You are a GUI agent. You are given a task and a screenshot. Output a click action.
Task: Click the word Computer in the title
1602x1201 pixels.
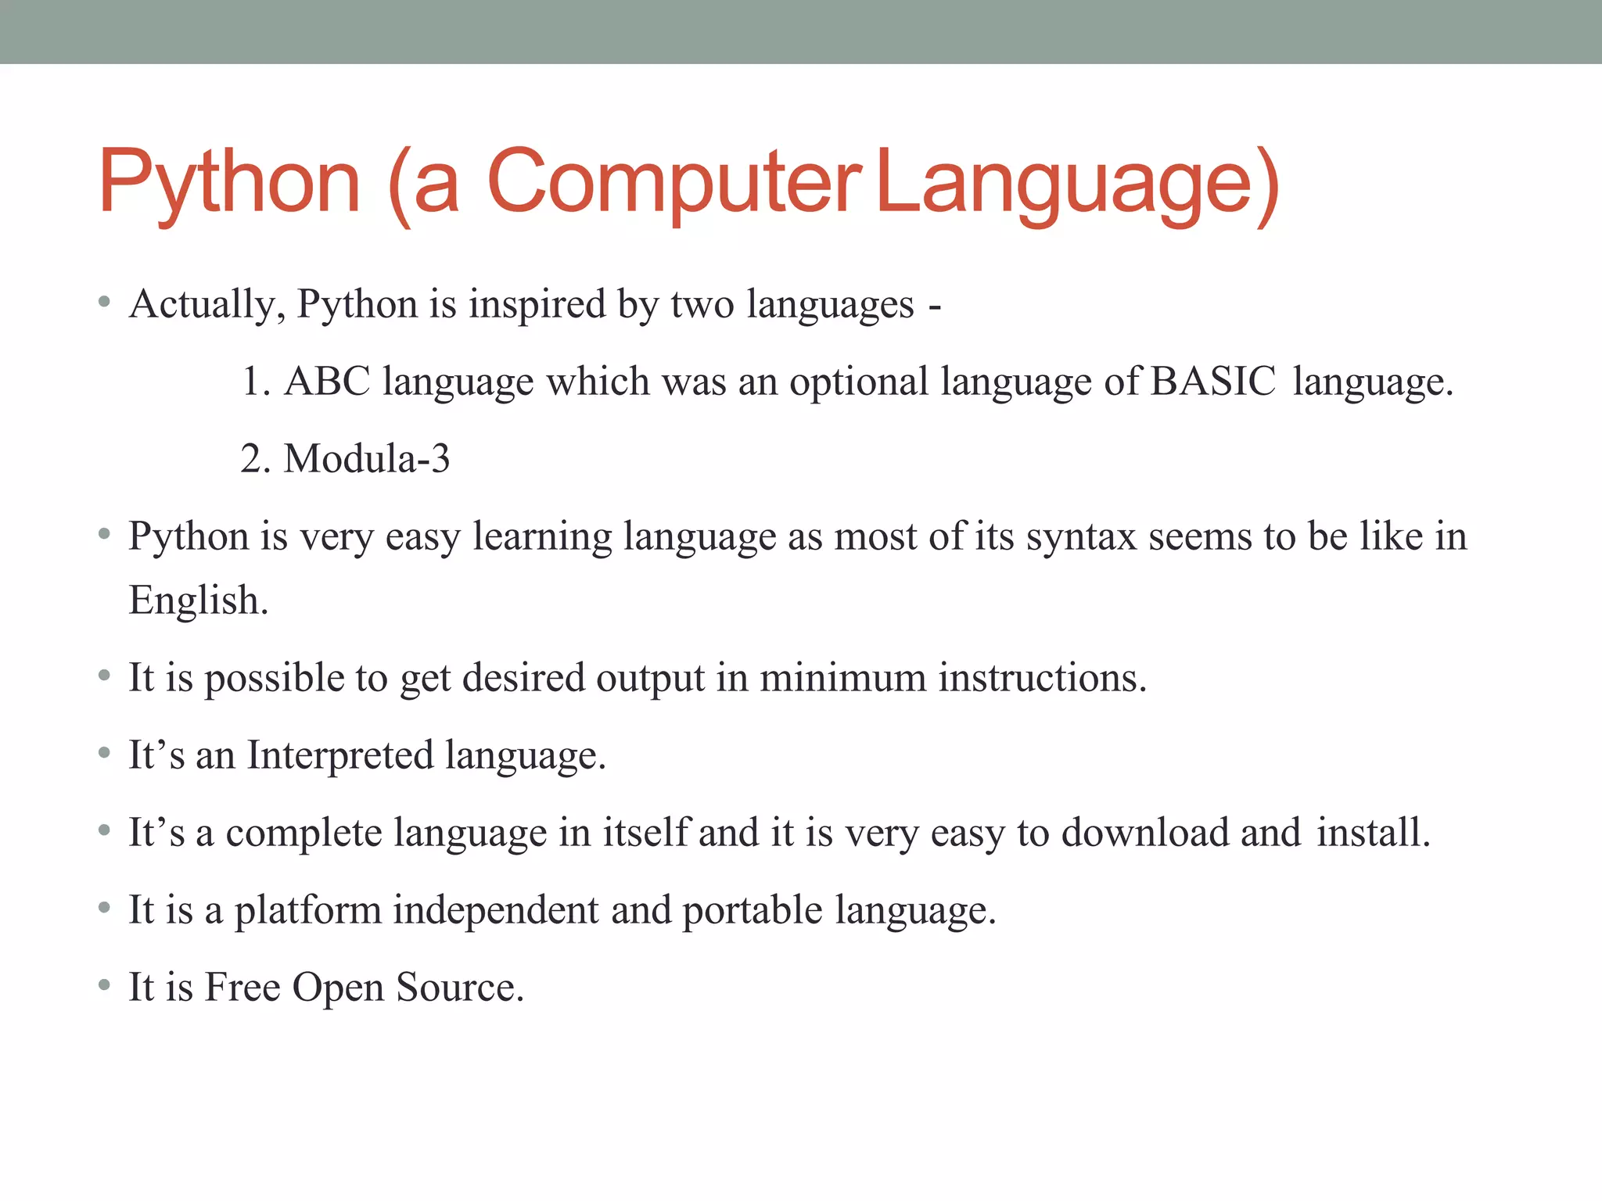pos(674,181)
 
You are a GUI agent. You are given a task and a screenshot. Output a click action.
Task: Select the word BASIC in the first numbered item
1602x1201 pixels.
pos(1213,382)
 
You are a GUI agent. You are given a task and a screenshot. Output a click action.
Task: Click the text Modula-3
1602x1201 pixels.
pos(366,458)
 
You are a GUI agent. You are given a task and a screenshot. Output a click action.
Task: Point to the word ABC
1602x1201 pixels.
pos(327,382)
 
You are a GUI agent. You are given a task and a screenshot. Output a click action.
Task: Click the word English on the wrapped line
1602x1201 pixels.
pos(198,600)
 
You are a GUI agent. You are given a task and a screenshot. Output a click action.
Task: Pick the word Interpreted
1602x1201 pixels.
pos(340,755)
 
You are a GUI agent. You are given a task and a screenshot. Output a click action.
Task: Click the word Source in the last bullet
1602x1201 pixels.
pos(459,987)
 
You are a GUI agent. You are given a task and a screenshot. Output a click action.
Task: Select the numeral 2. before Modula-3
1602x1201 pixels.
pos(255,458)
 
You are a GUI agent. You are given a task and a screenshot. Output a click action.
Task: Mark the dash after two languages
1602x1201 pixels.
pos(935,307)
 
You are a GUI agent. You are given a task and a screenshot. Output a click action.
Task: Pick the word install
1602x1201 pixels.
pos(1373,832)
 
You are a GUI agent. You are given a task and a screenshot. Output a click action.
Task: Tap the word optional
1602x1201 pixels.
pos(858,382)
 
